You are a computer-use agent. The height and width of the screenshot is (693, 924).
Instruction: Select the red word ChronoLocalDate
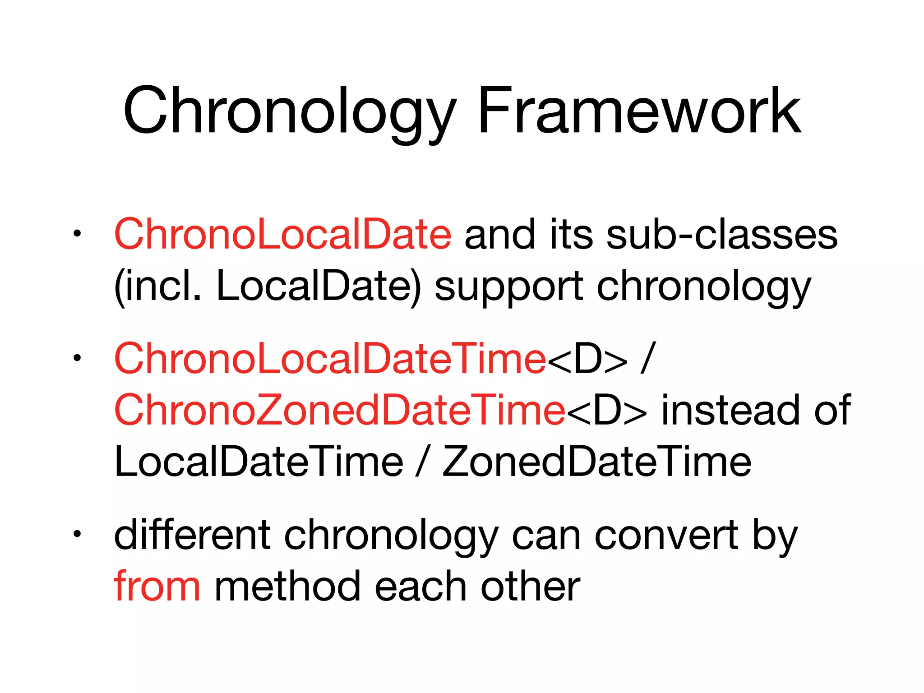tap(282, 235)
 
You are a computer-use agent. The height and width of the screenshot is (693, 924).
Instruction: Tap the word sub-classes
tap(722, 235)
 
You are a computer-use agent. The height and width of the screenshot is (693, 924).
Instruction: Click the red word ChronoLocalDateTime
tap(330, 359)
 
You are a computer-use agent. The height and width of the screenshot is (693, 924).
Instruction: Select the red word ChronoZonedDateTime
tap(339, 410)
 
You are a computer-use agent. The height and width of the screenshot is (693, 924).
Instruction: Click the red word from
tap(157, 587)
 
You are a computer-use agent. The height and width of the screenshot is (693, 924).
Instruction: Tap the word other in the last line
tap(531, 587)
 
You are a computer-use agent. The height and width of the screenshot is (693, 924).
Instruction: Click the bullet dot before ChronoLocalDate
tap(77, 234)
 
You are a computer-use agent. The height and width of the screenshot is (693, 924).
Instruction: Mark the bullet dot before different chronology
tap(77, 534)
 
